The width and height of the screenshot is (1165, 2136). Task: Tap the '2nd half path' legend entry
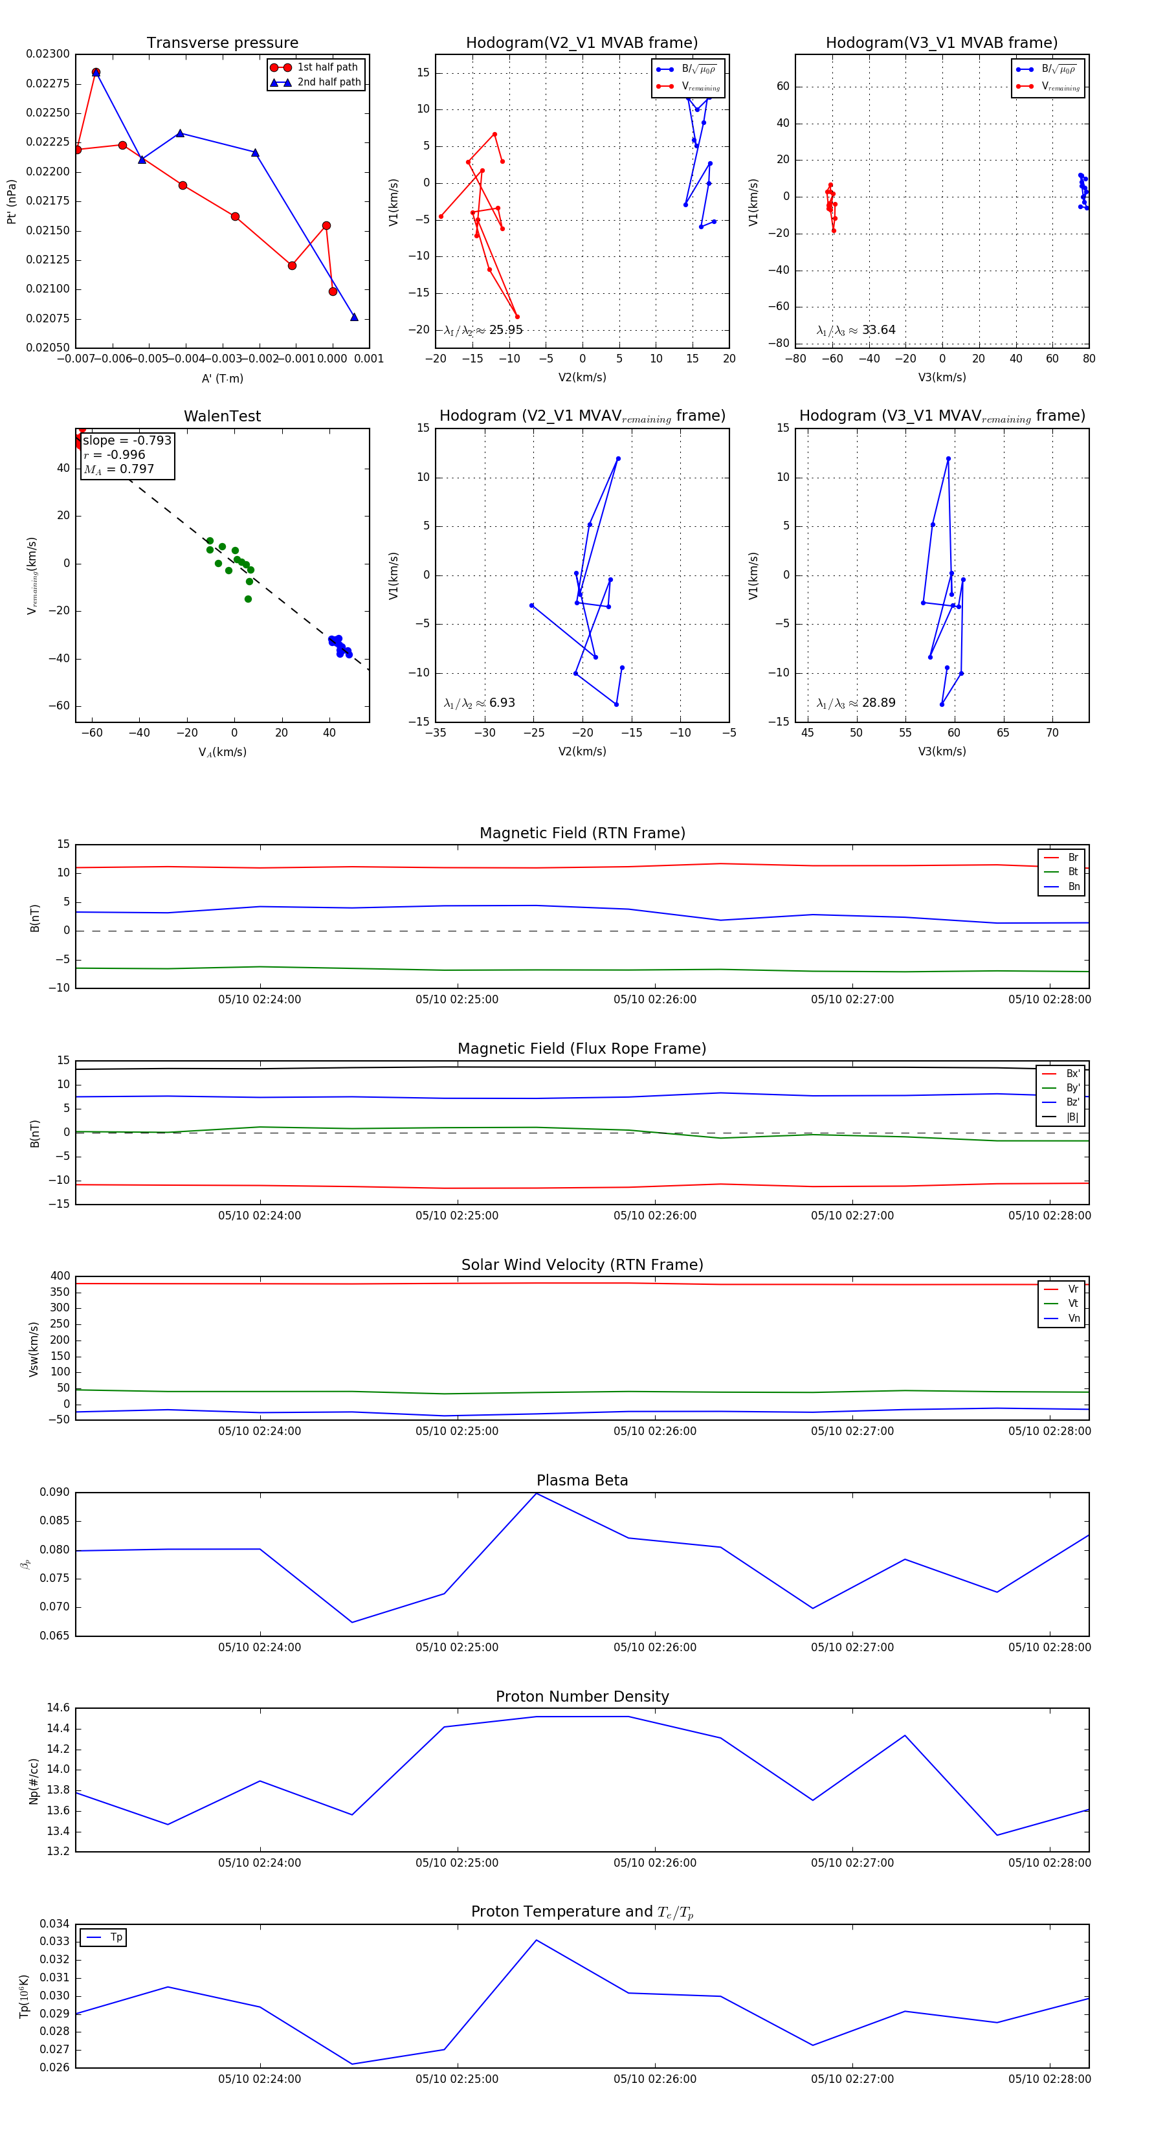click(328, 82)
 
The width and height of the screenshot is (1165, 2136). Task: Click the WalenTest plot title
click(222, 416)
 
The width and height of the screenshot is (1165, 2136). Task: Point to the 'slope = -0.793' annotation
click(127, 440)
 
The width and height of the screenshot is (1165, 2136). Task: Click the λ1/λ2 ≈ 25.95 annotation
click(483, 330)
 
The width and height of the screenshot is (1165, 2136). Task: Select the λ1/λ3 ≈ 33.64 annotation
click(856, 330)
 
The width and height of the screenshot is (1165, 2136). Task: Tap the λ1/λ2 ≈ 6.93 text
click(479, 703)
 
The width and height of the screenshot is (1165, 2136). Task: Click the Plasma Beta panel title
click(582, 1480)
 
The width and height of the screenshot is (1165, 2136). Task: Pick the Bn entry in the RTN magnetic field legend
click(1073, 886)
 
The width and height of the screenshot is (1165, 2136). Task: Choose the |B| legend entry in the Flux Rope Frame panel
click(1071, 1117)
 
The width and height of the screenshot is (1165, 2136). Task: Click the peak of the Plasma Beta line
click(537, 1493)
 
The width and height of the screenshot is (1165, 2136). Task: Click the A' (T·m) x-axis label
click(222, 378)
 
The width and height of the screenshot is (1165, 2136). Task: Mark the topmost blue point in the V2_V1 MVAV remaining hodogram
click(617, 458)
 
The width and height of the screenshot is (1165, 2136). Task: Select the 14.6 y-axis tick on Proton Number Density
click(58, 1708)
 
